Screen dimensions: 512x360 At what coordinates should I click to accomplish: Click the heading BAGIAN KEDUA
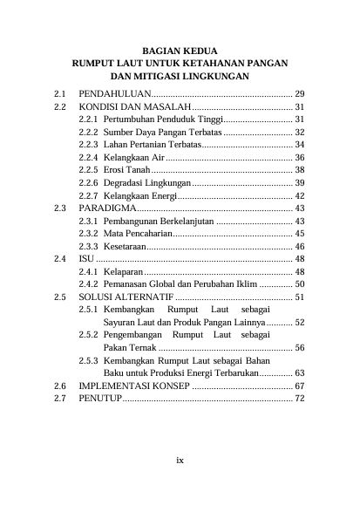(180, 51)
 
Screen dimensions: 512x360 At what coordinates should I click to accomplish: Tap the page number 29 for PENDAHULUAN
(299, 92)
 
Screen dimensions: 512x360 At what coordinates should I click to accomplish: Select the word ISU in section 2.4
(85, 260)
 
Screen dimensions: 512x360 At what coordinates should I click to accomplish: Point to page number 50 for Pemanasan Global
(299, 284)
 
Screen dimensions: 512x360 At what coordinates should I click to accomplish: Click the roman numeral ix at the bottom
(180, 460)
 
